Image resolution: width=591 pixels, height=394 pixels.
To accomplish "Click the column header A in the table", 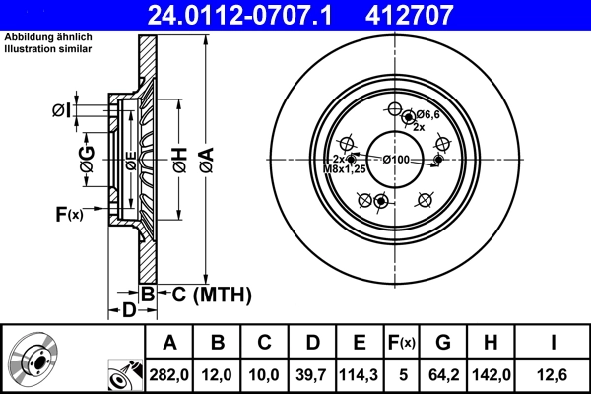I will click(x=170, y=343).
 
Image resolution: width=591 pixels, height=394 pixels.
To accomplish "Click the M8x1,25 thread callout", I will click(x=346, y=168).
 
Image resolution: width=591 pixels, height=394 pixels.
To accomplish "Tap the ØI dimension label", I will click(x=60, y=110).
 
